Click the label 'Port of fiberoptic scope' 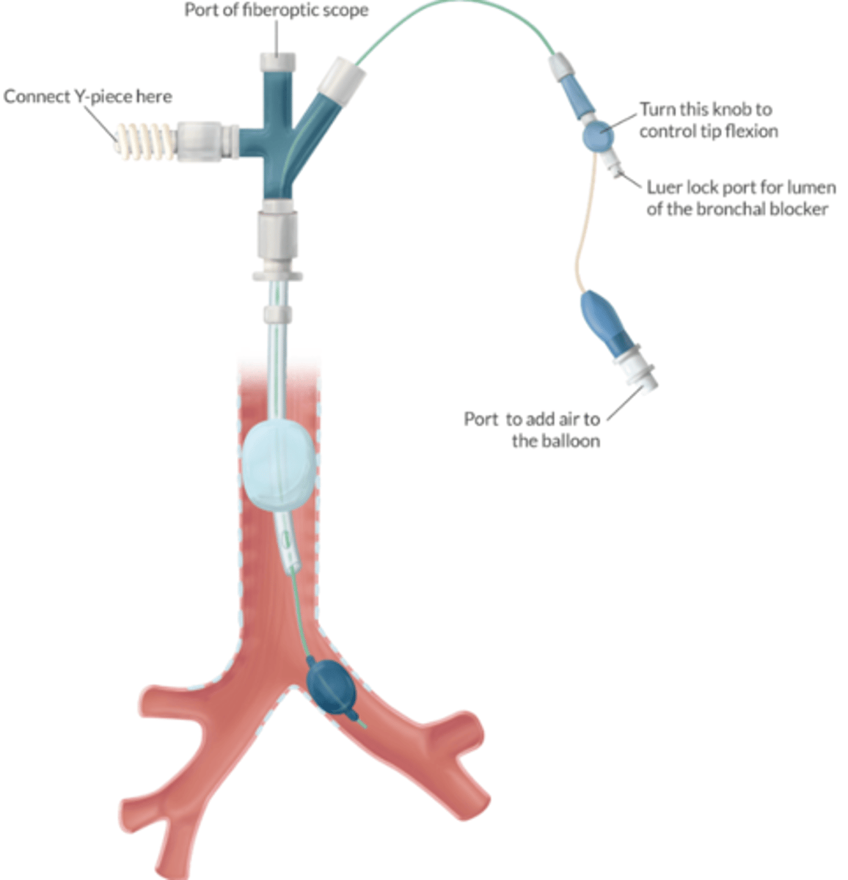point(276,10)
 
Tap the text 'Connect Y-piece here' point(88,97)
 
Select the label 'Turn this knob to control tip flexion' point(707,120)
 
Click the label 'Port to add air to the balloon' point(532,430)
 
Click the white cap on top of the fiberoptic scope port point(277,45)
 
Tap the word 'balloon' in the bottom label point(555,441)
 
